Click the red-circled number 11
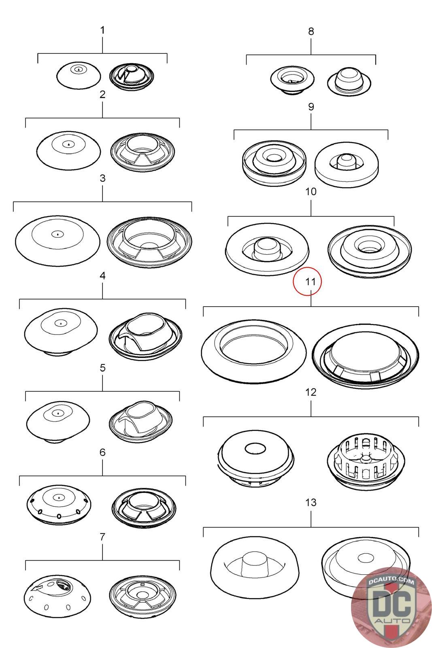click(x=311, y=281)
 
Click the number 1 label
click(x=102, y=30)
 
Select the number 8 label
click(x=311, y=31)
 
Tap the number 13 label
click(x=311, y=503)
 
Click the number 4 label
click(x=102, y=276)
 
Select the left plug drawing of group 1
click(x=79, y=75)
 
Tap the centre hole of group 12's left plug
click(x=255, y=449)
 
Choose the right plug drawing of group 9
click(x=347, y=164)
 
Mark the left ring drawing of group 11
click(x=253, y=352)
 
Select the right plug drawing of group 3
click(x=149, y=242)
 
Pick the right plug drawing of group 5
click(x=141, y=422)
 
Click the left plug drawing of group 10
click(x=267, y=249)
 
